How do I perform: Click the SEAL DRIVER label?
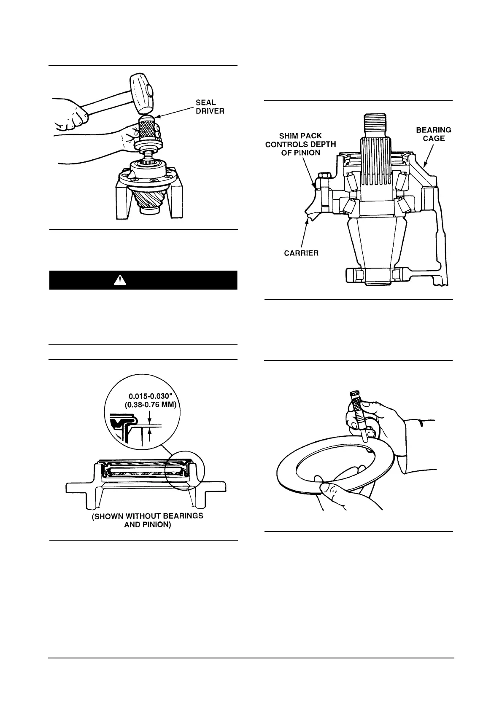tap(205, 107)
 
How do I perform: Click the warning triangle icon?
tap(120, 280)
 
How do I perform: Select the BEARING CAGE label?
tap(433, 134)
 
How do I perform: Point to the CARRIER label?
tap(301, 253)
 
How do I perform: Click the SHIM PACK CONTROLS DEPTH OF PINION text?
tap(300, 144)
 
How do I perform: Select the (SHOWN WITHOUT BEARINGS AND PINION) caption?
tap(147, 521)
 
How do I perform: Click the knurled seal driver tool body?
tap(149, 132)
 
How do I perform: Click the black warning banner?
tap(143, 280)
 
